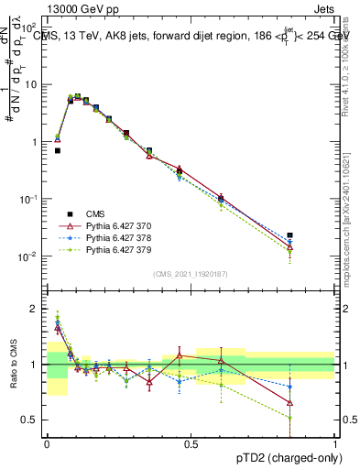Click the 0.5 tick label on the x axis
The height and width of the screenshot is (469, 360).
coord(190,442)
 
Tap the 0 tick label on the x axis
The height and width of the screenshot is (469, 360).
coord(46,442)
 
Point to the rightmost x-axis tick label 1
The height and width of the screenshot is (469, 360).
coord(333,442)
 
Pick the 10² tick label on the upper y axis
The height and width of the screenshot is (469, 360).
coord(30,27)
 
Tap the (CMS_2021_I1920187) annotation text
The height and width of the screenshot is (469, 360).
coord(190,273)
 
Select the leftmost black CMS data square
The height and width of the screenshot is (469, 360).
coord(57,150)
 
